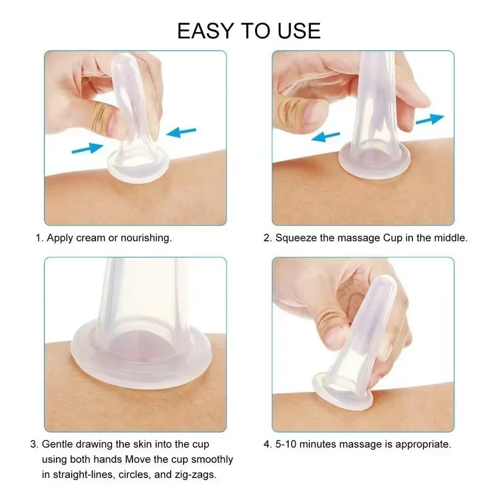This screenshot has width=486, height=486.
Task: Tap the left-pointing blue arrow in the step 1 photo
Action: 182,131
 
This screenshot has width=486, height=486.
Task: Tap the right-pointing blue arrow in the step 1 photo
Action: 87,147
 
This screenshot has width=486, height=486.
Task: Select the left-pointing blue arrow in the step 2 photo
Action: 324,137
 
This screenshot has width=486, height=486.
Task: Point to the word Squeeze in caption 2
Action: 296,238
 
